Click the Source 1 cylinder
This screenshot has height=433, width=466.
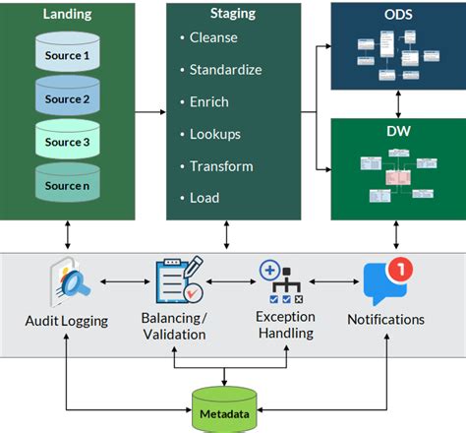[x=67, y=55]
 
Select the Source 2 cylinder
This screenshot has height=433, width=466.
[x=67, y=98]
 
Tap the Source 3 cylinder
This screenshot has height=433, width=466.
[x=67, y=142]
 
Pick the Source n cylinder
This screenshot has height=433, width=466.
[x=67, y=184]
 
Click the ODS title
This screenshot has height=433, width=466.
[x=396, y=15]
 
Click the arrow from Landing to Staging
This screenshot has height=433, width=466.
[x=149, y=111]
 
